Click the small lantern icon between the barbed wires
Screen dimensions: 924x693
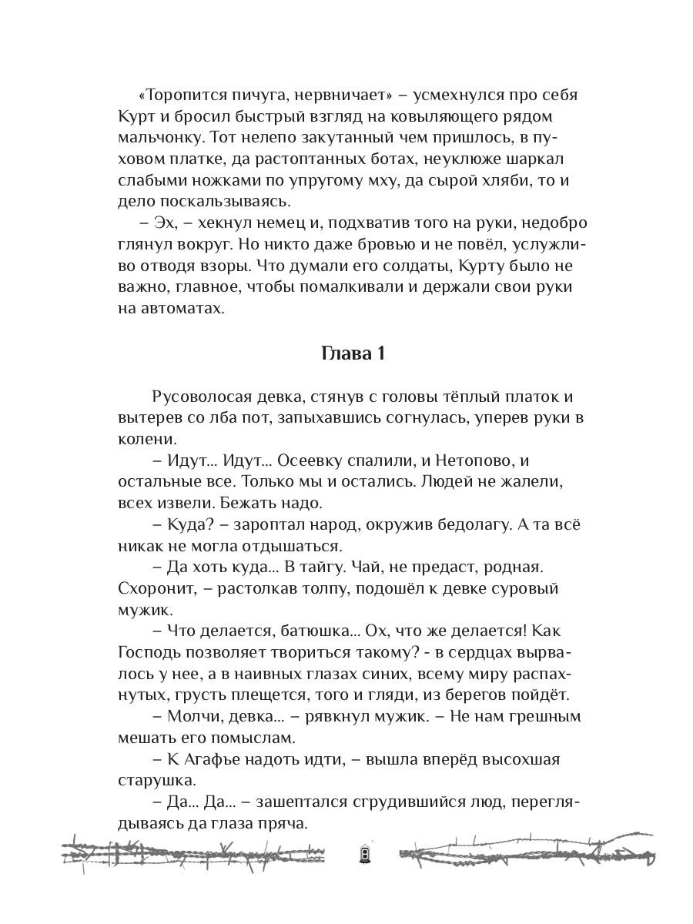tap(364, 854)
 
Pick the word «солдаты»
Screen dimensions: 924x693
tap(420, 266)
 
